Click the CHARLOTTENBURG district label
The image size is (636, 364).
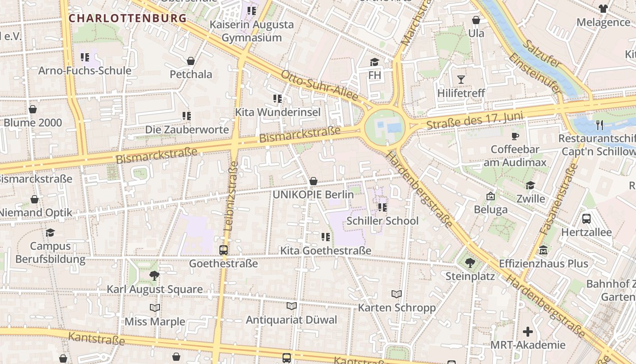128,19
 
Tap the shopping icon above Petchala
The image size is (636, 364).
191,61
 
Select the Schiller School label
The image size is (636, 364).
382,221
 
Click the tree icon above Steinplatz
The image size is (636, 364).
470,263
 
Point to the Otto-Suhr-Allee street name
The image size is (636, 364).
319,86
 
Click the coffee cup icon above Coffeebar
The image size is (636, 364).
515,136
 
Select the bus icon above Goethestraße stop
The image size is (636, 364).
223,250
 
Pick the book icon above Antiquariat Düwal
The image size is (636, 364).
291,306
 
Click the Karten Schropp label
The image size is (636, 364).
397,308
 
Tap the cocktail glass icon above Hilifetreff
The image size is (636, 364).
461,80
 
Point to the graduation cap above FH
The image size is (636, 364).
374,62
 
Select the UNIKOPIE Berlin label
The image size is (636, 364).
313,195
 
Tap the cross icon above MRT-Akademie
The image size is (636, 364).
527,331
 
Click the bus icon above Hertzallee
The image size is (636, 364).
586,219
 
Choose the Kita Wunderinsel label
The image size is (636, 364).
278,112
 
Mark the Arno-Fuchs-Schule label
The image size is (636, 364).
84,71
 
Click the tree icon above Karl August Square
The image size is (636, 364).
154,275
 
